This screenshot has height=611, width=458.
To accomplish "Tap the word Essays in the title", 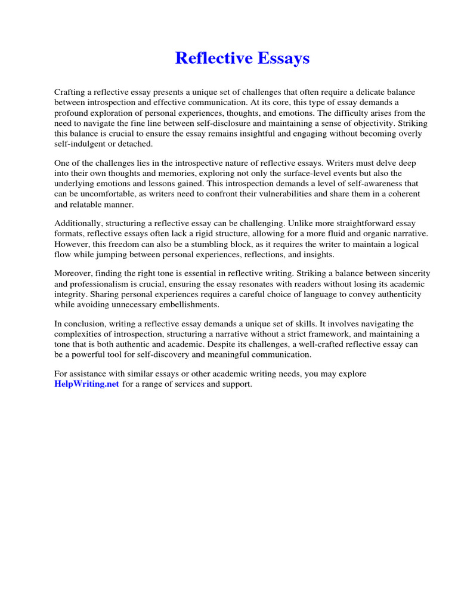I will click(281, 58).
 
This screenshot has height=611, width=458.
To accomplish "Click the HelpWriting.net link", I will click(86, 384).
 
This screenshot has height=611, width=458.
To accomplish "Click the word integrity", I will click(70, 294).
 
